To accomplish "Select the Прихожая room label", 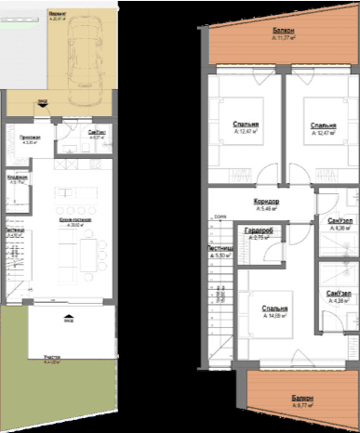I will (17, 136).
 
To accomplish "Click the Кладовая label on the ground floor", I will (16, 177).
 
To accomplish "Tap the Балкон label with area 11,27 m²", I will (283, 33).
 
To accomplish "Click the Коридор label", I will (267, 202).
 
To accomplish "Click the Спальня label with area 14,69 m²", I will (274, 309).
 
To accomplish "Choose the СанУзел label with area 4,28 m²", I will (340, 294).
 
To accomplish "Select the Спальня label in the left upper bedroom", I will (246, 124).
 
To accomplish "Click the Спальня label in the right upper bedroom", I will (323, 125).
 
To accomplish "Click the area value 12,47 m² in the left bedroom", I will (246, 132).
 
